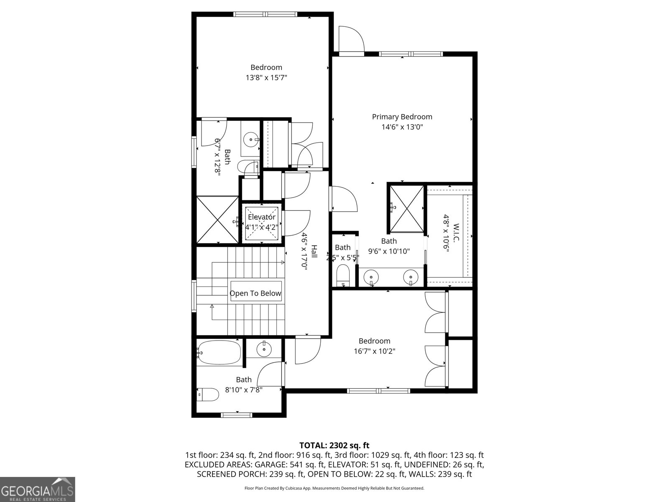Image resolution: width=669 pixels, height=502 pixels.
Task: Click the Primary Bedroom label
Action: pos(402,117)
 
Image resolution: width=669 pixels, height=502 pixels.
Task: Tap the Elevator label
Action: pos(262,217)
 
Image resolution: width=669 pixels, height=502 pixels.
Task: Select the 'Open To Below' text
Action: pos(255,294)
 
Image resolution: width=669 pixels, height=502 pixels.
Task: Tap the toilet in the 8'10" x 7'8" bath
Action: pos(208,394)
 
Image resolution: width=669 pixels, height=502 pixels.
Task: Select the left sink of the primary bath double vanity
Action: pos(371,277)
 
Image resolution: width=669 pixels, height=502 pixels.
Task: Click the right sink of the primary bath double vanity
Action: pos(411,277)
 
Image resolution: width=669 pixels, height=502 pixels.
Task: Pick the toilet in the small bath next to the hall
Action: pos(343,275)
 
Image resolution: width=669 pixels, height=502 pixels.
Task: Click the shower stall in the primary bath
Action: pos(406,208)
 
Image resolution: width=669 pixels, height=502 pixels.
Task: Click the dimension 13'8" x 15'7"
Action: pos(266,78)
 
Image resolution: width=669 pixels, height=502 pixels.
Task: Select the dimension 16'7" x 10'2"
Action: pos(374,351)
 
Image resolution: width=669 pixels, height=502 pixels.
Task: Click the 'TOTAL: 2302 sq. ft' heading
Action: pos(334,446)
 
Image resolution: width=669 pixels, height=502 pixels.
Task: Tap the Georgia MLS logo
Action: pos(38,489)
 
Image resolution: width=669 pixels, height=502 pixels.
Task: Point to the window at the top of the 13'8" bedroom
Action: pos(266,14)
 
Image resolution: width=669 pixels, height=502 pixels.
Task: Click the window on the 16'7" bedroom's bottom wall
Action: pos(378,391)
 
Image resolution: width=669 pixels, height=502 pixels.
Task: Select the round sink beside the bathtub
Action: pos(264,348)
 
